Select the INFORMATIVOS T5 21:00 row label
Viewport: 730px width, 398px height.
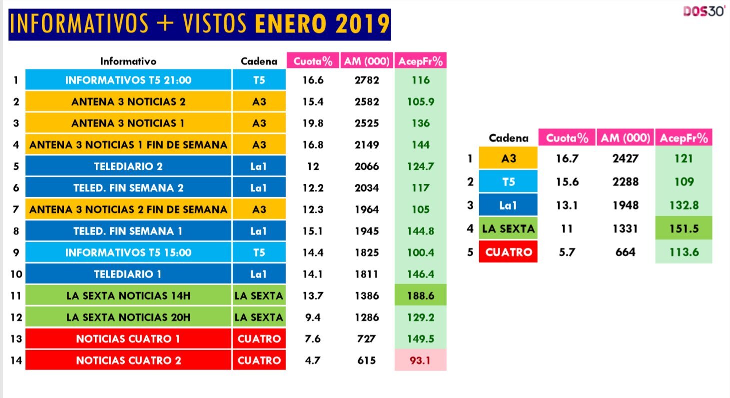coord(128,80)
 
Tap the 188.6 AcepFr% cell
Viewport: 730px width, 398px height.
coord(421,296)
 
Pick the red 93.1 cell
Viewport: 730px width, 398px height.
coord(421,360)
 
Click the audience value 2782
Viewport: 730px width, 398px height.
coord(366,80)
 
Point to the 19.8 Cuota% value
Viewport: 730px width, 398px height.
coord(313,123)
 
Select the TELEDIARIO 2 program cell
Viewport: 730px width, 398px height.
coord(128,166)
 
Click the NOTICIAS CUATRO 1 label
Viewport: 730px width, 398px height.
coord(128,339)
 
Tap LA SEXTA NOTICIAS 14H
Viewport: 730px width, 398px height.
coord(128,296)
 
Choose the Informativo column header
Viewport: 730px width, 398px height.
coord(128,61)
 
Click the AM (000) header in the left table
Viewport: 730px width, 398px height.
coord(366,61)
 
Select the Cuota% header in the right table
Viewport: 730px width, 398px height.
coord(567,138)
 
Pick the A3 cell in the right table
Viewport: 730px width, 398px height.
coord(508,159)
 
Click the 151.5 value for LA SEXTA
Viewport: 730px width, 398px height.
coord(684,229)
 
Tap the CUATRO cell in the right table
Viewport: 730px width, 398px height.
coord(508,252)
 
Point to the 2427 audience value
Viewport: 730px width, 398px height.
coord(626,159)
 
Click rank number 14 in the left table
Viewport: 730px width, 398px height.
coord(16,360)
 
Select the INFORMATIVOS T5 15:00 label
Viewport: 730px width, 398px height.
coord(128,253)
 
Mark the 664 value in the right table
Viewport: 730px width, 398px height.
coord(626,252)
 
